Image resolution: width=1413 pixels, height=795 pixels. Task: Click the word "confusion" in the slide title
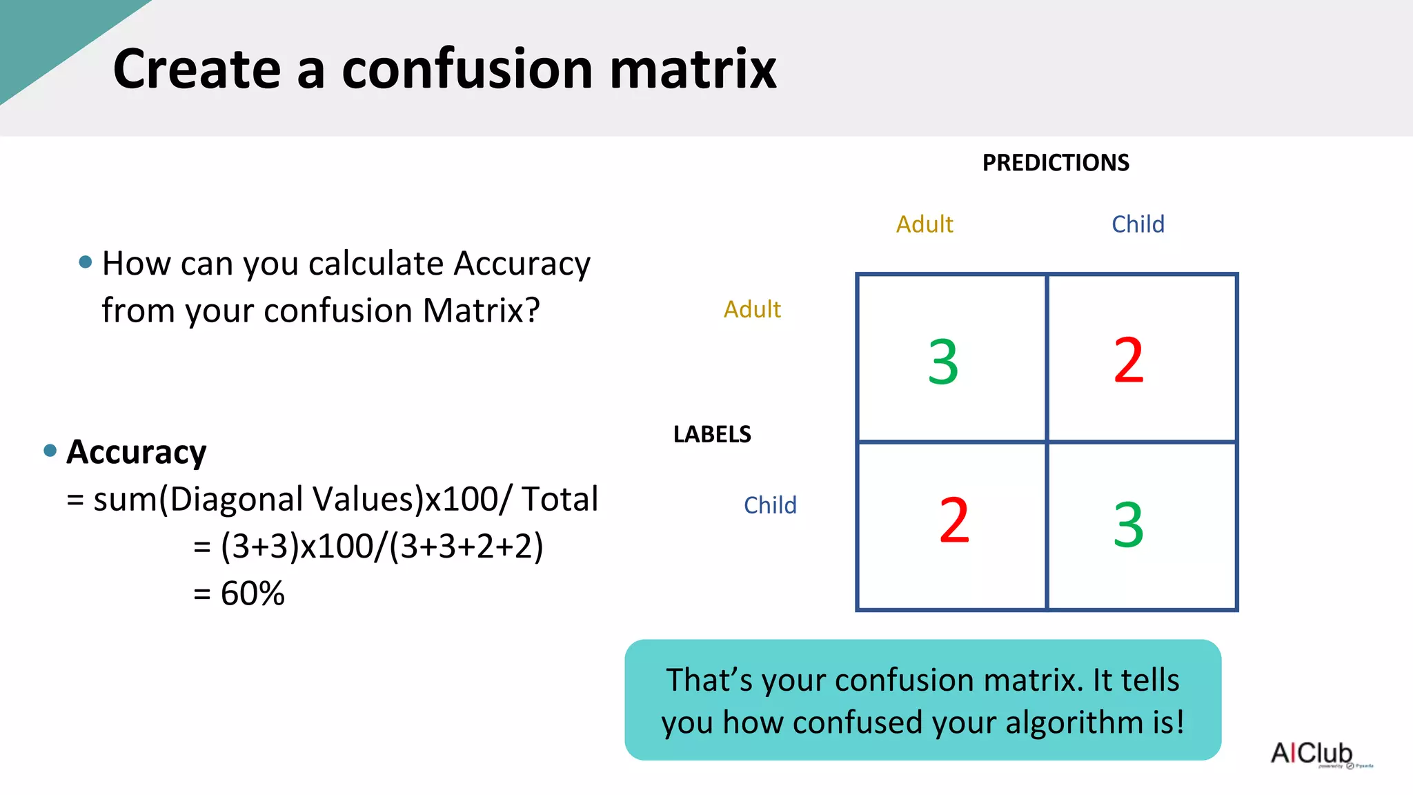coord(467,69)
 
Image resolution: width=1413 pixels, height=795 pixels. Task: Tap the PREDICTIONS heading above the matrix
coord(1056,163)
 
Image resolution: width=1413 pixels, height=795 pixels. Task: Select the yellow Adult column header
coord(925,224)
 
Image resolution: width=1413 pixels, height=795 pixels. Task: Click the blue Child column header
coord(1138,224)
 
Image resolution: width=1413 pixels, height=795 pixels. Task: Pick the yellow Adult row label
coord(752,309)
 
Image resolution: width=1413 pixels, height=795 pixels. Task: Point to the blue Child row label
coord(770,505)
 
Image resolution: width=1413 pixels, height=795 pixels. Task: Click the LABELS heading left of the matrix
coord(712,434)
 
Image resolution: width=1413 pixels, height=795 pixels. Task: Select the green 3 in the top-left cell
coord(943,362)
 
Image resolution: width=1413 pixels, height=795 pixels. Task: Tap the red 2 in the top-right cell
coord(1129,360)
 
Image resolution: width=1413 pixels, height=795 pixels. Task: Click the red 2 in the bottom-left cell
coord(954,521)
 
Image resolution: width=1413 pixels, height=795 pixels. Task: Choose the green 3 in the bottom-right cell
coord(1129,525)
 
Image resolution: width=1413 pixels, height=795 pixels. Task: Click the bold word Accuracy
coord(137,453)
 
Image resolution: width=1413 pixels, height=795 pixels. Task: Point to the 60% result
coord(253,593)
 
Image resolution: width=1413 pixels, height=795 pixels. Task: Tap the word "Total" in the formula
coord(560,499)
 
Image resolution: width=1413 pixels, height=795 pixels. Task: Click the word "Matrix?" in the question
coord(481,311)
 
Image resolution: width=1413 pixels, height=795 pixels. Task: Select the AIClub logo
coord(1312,753)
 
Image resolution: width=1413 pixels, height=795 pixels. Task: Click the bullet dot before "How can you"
coord(86,262)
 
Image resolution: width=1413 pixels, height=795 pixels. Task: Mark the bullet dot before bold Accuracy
coord(50,451)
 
